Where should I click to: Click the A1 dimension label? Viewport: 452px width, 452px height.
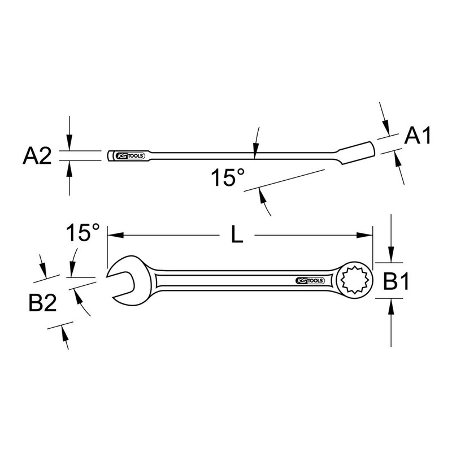(x=419, y=137)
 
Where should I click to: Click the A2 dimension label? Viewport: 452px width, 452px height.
(x=38, y=156)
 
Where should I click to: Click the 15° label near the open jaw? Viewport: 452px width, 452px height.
(x=82, y=232)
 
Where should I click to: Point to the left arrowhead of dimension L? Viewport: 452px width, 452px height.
(x=111, y=236)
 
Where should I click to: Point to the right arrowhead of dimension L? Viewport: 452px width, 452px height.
(x=369, y=236)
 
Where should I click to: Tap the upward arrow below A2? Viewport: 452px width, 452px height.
(x=69, y=166)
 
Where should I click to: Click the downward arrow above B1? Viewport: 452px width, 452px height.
(x=392, y=257)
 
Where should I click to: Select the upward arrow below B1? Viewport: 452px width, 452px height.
(x=392, y=306)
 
